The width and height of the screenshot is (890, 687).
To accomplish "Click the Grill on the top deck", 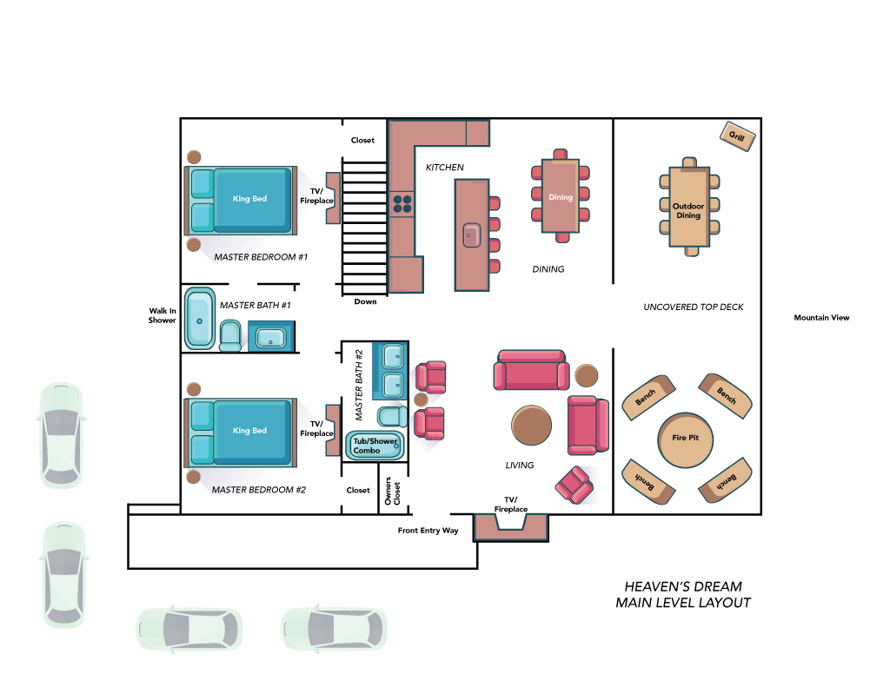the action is point(737,136).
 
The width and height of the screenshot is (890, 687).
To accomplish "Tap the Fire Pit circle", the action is point(685,439).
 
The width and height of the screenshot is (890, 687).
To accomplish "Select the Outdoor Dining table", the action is point(689,207).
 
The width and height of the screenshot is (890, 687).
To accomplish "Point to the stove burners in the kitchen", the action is point(402,203).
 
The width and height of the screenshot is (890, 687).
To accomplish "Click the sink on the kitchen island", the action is point(472,235).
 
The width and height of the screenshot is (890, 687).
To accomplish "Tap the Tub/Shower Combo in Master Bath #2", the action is point(375,446).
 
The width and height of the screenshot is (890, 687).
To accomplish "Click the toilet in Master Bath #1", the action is point(229,336).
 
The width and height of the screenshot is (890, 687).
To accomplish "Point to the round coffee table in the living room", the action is point(531,425).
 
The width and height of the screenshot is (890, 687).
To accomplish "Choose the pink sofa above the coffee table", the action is point(531,370).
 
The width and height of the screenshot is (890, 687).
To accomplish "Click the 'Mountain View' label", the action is point(821,318).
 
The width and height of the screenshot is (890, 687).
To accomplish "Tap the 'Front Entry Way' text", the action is point(428,531).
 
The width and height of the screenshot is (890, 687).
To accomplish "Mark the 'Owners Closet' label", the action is point(392,492).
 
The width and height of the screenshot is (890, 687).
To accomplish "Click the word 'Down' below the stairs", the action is point(366,301).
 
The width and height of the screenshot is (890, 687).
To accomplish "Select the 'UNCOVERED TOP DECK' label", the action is point(693,307).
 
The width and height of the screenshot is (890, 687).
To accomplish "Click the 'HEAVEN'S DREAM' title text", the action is point(683,586).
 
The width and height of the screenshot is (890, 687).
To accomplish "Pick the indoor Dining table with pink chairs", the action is point(561,195).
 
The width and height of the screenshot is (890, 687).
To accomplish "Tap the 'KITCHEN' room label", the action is point(444,168).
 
